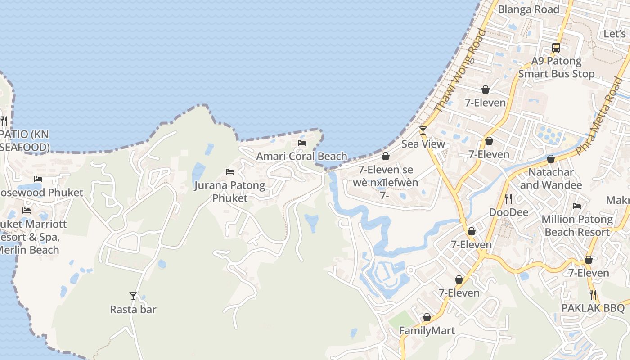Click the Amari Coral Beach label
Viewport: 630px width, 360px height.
click(x=301, y=157)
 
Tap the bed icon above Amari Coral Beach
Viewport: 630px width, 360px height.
click(x=302, y=143)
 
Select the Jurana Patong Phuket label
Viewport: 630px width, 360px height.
click(x=229, y=191)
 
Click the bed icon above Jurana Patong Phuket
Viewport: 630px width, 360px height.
click(x=229, y=172)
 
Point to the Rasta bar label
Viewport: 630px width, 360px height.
click(x=133, y=310)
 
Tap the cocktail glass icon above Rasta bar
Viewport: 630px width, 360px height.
click(x=133, y=296)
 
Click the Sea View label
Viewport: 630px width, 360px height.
click(x=423, y=144)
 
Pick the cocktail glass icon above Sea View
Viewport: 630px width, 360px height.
click(x=423, y=130)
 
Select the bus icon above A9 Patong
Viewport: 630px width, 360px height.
click(x=556, y=47)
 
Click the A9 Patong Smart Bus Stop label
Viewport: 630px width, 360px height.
click(x=557, y=67)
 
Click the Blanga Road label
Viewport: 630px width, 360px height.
click(x=528, y=9)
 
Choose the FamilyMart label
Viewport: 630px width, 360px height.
click(x=427, y=331)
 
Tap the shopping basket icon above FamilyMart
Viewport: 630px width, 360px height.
click(x=427, y=317)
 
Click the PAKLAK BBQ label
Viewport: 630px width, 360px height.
click(x=593, y=308)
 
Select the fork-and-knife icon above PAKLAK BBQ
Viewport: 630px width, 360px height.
click(x=593, y=295)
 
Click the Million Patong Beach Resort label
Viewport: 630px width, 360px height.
click(x=577, y=226)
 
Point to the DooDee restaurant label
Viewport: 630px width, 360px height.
click(x=509, y=212)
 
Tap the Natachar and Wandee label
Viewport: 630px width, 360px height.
click(x=551, y=179)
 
